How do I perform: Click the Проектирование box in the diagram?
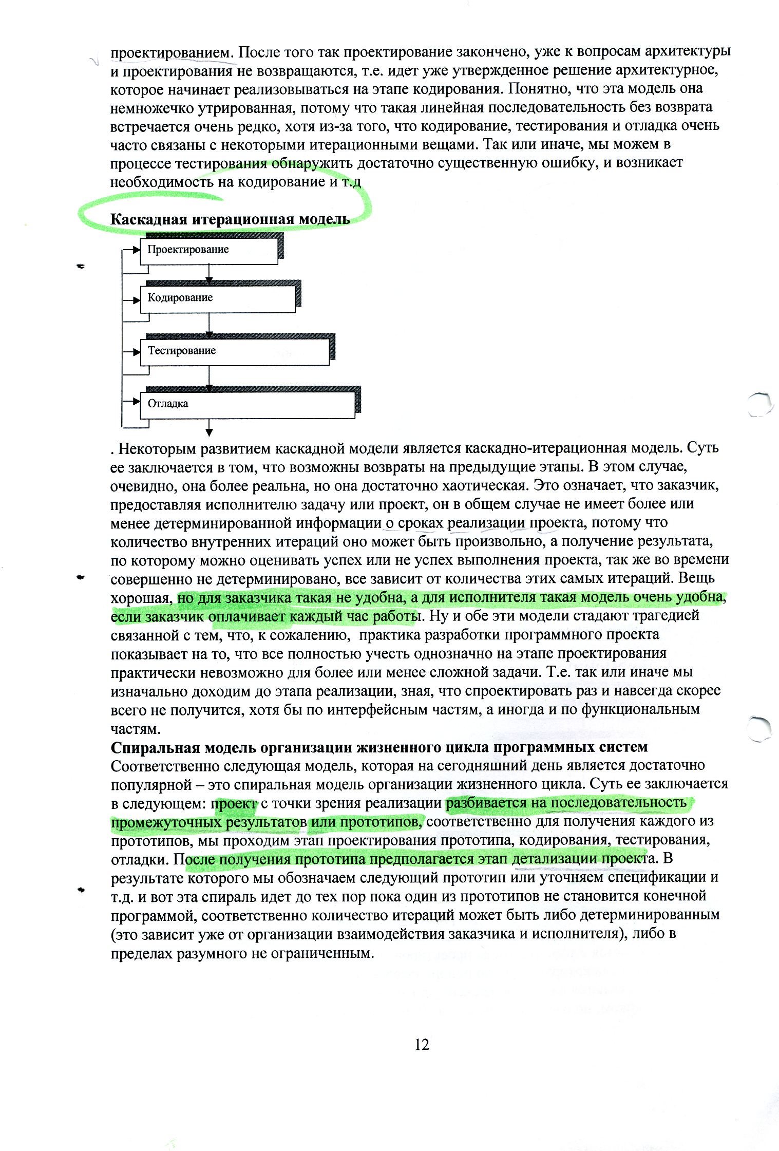pyautogui.click(x=209, y=250)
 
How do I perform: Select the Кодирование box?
pyautogui.click(x=218, y=298)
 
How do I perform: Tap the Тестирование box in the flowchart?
pyautogui.click(x=235, y=351)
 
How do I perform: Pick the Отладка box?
pyautogui.click(x=247, y=404)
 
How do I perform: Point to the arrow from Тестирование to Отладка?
pyautogui.click(x=209, y=379)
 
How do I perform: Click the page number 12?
pyautogui.click(x=422, y=1044)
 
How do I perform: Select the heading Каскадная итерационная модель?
pyautogui.click(x=230, y=219)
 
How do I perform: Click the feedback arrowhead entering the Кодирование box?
pyautogui.click(x=137, y=298)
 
